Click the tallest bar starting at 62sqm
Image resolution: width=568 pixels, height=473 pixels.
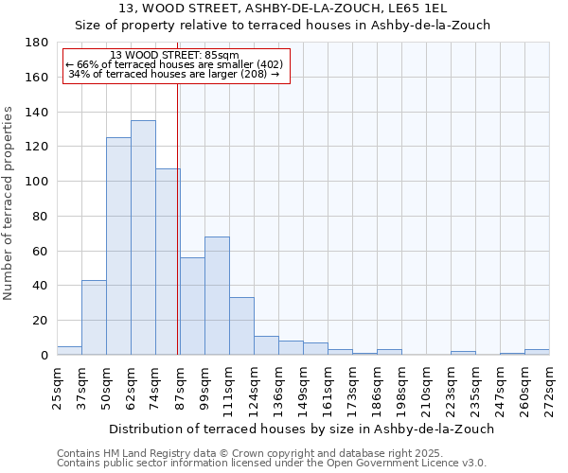pyautogui.click(x=143, y=237)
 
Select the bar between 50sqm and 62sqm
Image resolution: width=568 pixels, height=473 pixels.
pyautogui.click(x=118, y=246)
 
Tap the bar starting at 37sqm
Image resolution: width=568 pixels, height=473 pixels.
pyautogui.click(x=94, y=317)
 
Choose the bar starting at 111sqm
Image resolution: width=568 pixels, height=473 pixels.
pyautogui.click(x=241, y=325)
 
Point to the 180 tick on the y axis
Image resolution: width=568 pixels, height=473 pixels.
pyautogui.click(x=37, y=43)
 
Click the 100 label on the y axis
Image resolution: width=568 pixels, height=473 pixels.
pyautogui.click(x=37, y=182)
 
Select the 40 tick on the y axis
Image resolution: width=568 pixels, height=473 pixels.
pyautogui.click(x=41, y=286)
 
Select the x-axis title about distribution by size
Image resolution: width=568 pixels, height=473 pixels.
pyautogui.click(x=302, y=429)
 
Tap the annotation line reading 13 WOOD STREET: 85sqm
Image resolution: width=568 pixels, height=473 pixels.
pyautogui.click(x=174, y=55)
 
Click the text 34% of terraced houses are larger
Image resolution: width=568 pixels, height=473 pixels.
pyautogui.click(x=174, y=74)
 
